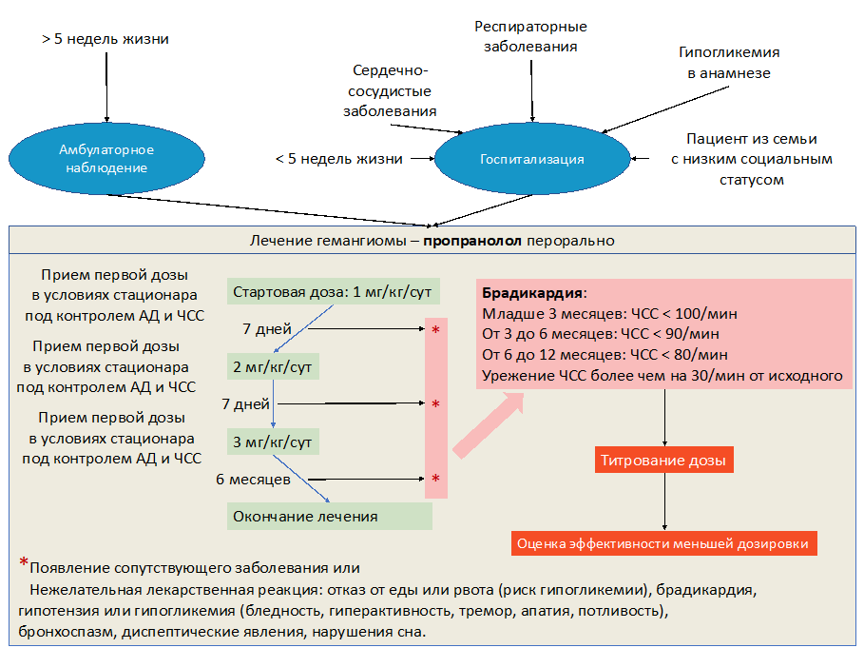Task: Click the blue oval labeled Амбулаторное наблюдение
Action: pyautogui.click(x=106, y=159)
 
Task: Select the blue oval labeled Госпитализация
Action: pyautogui.click(x=531, y=159)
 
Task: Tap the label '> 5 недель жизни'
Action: pyautogui.click(x=106, y=40)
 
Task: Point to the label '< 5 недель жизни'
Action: pyautogui.click(x=338, y=159)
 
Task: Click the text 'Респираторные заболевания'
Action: pyautogui.click(x=530, y=36)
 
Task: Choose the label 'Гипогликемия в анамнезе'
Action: pyautogui.click(x=729, y=63)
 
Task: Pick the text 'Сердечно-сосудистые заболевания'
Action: pyautogui.click(x=391, y=91)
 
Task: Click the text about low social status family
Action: pyautogui.click(x=751, y=159)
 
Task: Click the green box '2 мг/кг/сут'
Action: pyautogui.click(x=273, y=366)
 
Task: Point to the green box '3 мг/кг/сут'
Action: pyautogui.click(x=273, y=442)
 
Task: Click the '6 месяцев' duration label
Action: pyautogui.click(x=253, y=479)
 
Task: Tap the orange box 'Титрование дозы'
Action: pyautogui.click(x=663, y=461)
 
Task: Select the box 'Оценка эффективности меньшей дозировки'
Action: pyautogui.click(x=663, y=543)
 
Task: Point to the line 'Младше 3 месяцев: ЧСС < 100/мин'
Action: pyautogui.click(x=609, y=313)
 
